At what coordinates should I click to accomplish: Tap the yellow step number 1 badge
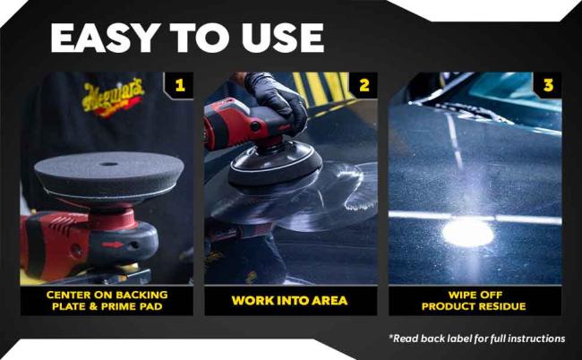point(180,86)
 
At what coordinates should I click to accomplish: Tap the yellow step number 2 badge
point(364,86)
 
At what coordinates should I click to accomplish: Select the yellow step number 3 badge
point(548,86)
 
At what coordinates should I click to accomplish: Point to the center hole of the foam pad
point(109,165)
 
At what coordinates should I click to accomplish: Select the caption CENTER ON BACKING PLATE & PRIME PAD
point(107,300)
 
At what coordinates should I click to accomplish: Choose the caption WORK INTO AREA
point(291,300)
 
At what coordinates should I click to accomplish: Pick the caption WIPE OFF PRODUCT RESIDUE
point(475,300)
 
